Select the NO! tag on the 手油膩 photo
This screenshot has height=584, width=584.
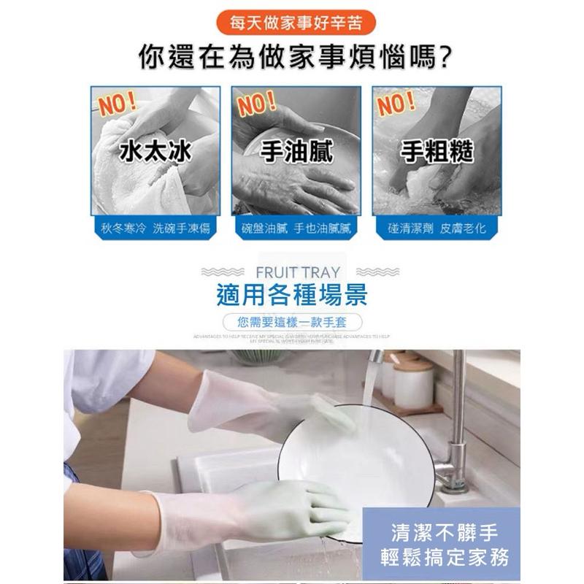point(256,104)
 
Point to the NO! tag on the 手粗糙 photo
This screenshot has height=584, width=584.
point(396,104)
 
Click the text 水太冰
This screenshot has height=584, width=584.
point(155,152)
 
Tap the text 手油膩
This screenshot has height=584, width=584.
point(296,152)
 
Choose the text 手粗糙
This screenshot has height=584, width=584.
point(437,152)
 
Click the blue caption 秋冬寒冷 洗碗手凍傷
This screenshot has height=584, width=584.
point(155,228)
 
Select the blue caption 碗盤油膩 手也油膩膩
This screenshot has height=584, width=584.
point(296,228)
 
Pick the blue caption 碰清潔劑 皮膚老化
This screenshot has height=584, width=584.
point(437,228)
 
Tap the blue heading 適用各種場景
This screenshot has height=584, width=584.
point(292,295)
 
